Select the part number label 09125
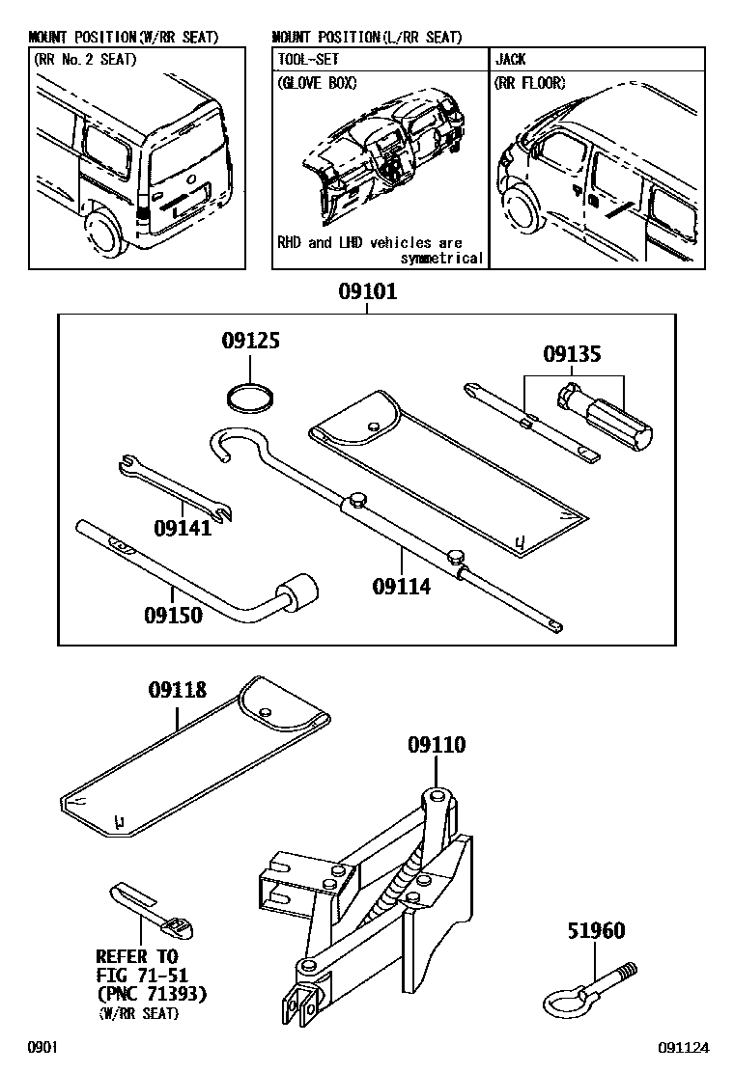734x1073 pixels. tap(250, 341)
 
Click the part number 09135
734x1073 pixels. tap(572, 354)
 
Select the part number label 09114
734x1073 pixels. tap(402, 585)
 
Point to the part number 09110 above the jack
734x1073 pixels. tap(436, 744)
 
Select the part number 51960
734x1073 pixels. tap(596, 931)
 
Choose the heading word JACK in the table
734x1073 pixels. tap(511, 59)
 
